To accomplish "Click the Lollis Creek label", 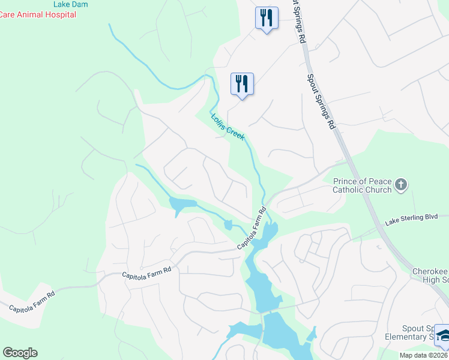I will (228, 127).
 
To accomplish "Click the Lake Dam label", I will (71, 4).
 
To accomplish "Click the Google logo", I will (20, 353).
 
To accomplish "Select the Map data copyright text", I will (423, 355).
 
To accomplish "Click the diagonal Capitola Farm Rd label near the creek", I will (252, 229).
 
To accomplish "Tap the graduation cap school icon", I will (444, 336).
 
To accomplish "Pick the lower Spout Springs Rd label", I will (321, 101).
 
